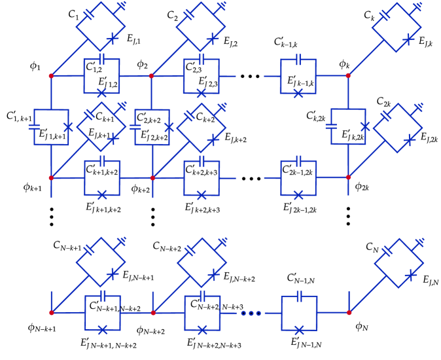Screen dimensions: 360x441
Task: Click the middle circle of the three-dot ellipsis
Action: (x=251, y=313)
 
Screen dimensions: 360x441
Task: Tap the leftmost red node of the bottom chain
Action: (x=52, y=313)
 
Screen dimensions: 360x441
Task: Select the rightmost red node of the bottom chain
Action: (x=349, y=313)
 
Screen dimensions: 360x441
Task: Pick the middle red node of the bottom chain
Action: (x=153, y=313)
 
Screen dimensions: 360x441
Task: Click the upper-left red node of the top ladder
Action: (x=51, y=76)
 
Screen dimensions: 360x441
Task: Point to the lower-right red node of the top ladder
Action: (x=348, y=177)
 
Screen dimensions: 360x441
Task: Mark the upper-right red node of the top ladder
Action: (x=348, y=76)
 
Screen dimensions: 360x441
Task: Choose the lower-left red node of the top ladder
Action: (x=51, y=177)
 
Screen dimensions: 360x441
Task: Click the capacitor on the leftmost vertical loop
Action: (x=34, y=127)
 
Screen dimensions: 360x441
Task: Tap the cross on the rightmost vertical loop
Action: (x=365, y=126)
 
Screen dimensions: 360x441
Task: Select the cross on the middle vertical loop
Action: (x=169, y=127)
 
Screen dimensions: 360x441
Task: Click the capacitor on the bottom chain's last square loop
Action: (x=299, y=296)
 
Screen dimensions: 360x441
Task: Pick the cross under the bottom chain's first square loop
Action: (x=103, y=330)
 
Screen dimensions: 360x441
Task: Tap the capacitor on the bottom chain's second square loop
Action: (x=202, y=296)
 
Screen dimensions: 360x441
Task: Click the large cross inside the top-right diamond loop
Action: (x=408, y=39)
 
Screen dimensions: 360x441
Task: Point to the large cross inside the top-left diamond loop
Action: (x=113, y=39)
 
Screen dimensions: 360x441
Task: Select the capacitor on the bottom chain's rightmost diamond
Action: (x=387, y=251)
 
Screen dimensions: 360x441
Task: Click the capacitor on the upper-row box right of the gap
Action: (x=298, y=60)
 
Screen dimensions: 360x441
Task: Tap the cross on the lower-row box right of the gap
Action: (x=298, y=195)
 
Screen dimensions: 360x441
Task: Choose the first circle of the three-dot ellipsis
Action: (x=243, y=313)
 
